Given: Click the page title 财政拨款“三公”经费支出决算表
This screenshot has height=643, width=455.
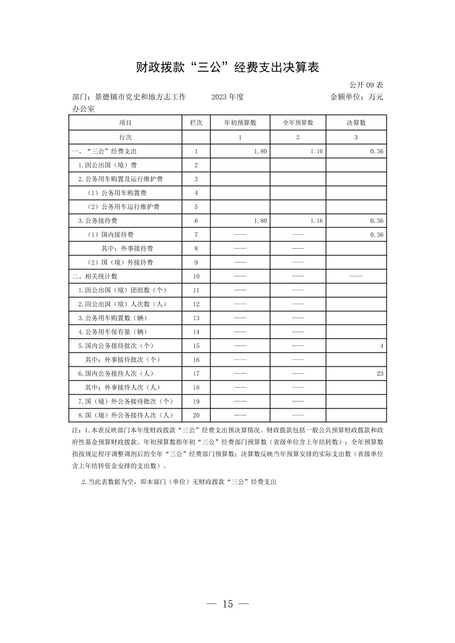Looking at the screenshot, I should tap(227, 67).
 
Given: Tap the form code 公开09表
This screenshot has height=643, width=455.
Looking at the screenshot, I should tap(366, 85).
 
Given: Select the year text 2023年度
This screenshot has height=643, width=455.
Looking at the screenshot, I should tap(227, 97).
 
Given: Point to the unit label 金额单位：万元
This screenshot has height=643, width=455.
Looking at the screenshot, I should tap(356, 97).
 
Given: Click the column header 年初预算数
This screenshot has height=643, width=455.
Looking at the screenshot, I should tap(240, 123).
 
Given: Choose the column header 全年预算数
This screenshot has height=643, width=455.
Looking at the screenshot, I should tap(298, 123).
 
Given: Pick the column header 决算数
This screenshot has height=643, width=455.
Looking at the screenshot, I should tap(356, 123).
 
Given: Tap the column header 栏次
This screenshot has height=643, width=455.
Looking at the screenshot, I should tap(196, 123).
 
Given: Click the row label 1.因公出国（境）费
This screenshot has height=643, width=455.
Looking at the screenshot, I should tap(108, 165).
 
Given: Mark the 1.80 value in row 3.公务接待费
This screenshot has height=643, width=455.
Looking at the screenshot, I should tap(261, 221).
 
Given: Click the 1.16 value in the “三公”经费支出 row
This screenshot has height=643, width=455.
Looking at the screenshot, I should tap(316, 151).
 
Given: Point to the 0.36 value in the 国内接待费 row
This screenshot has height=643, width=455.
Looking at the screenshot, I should tap(377, 235).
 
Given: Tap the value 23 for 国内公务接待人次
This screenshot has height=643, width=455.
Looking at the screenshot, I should tap(380, 374).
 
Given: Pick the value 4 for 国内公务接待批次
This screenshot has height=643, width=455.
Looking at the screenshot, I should tap(381, 346).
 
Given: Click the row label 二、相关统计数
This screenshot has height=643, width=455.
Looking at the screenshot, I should tap(95, 276).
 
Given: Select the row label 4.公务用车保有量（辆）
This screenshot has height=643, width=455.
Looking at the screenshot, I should tap(113, 332).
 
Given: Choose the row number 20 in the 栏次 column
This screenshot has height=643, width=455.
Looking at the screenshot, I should tap(196, 415).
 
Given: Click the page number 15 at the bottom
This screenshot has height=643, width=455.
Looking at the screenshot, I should tap(227, 604).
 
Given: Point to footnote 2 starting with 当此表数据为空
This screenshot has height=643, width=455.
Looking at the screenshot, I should tap(179, 482).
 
